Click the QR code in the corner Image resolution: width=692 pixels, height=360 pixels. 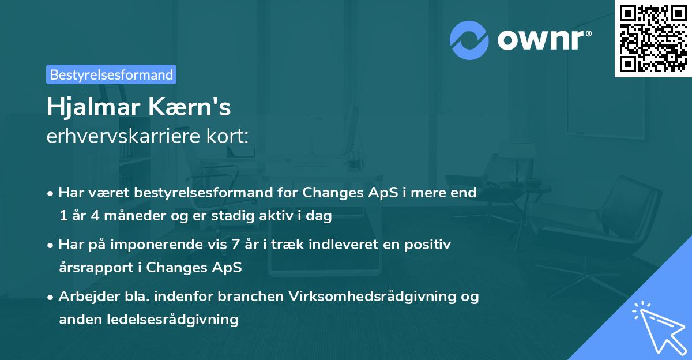coord(653,39)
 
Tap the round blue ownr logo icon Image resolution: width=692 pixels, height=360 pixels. coord(469,39)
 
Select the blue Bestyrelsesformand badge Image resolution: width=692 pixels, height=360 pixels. coord(111,74)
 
